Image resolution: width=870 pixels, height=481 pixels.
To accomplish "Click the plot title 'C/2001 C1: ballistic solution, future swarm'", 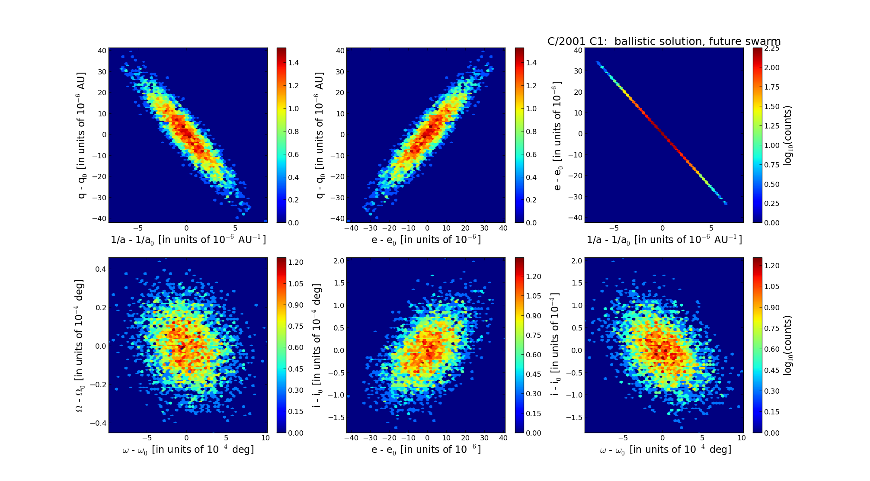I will pos(664,42).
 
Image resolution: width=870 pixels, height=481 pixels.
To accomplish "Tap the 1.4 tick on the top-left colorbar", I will pos(294,63).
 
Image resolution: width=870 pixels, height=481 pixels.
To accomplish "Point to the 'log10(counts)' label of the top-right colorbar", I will pos(788,135).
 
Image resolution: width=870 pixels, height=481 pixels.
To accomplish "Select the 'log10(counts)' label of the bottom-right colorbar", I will pos(788,345).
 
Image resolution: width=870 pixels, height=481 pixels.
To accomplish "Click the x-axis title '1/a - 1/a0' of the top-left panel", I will pos(188,240).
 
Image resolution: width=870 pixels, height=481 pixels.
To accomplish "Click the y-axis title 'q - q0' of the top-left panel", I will pos(81,135).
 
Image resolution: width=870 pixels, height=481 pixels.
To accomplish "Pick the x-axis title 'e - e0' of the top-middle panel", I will pos(426,240).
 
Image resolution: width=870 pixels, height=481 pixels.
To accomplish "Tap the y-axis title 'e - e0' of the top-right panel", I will pos(557,135).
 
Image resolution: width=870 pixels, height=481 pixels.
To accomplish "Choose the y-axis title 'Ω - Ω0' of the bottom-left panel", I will pos(80,345).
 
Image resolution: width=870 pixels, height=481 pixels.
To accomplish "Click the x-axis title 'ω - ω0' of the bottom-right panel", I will pos(665,450).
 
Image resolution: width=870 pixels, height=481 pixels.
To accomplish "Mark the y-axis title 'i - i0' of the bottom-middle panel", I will pos(317,345).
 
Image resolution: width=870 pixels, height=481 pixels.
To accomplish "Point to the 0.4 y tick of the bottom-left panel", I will pos(100,269).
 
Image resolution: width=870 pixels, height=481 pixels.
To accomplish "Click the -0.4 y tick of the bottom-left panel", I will pos(98,423).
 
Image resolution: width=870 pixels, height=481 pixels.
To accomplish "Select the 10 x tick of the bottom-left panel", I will pos(265,438).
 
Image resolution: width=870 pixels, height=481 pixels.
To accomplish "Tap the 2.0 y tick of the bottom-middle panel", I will pos(339,260).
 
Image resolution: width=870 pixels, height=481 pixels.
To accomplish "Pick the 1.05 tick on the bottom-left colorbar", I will pos(296,284).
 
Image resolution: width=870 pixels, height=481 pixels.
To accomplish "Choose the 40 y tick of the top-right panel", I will pos(577,50).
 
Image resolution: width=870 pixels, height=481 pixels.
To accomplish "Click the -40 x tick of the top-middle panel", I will pos(352,228).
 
